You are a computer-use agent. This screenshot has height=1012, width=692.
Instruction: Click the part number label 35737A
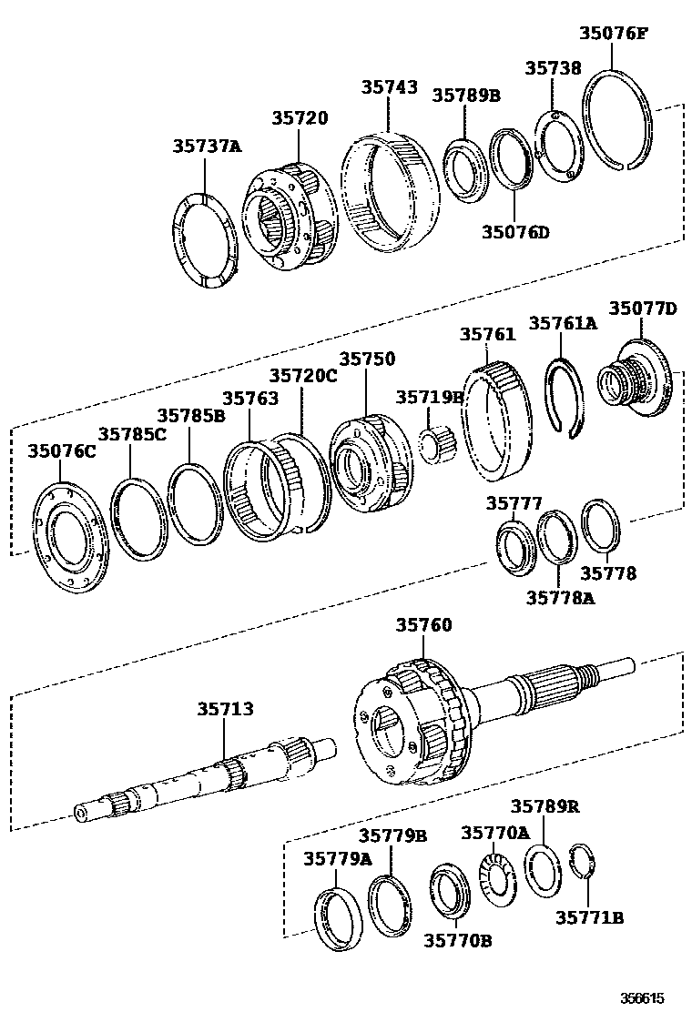point(208,146)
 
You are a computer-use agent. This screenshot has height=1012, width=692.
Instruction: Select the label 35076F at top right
point(614,34)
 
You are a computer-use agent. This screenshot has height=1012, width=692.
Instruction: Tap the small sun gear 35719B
point(434,445)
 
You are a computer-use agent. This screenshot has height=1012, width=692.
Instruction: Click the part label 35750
point(367,359)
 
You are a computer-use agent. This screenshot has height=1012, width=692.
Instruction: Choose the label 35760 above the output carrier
point(423,625)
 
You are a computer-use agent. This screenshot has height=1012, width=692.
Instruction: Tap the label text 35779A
point(338,858)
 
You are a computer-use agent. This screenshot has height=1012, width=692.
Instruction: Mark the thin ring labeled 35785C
point(139,519)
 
